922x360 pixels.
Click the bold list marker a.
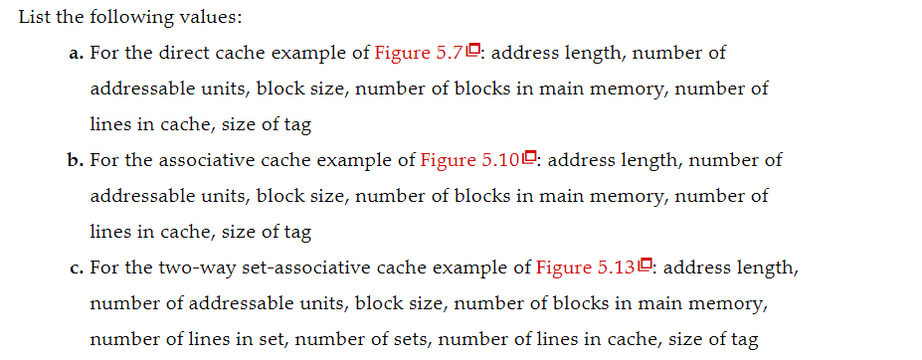coord(76,53)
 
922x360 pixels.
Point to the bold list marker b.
coord(77,160)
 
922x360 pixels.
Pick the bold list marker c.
coord(76,268)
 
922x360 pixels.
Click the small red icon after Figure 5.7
coord(474,51)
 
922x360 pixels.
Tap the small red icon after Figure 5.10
coord(530,158)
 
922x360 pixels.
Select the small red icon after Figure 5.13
coord(645,266)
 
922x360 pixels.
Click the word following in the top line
coord(119,17)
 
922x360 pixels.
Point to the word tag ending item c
coord(744,339)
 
